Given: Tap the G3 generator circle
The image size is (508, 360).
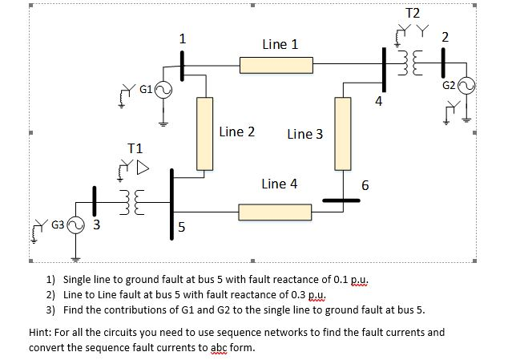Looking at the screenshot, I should click(76, 224).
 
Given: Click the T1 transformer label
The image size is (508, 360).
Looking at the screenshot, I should click(135, 148).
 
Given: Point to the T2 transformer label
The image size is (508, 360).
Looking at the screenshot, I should click(413, 14).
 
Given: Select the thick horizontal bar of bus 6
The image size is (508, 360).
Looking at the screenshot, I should click(345, 200).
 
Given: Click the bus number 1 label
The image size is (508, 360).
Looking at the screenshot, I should click(183, 38).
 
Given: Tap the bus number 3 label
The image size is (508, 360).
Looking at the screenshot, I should click(95, 224).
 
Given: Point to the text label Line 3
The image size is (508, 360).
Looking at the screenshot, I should click(304, 134).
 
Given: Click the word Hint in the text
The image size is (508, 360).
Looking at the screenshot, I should click(42, 332).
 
